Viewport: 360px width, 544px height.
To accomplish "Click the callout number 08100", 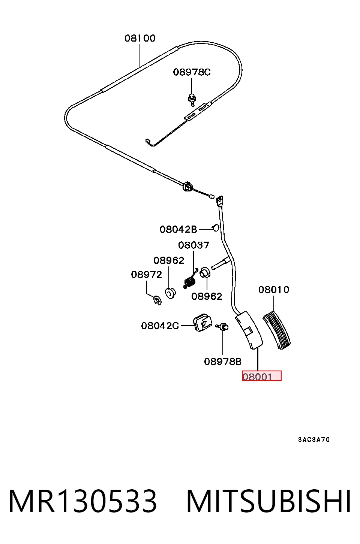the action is (140, 38).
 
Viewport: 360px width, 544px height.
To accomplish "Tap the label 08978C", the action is (192, 72).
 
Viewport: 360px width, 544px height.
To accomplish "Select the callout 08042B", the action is (178, 229).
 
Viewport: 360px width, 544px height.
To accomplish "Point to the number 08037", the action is (193, 245).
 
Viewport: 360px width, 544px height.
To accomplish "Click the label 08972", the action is (146, 275).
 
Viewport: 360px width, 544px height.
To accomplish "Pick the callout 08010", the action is (274, 290).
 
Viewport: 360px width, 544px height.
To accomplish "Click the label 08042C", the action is (160, 326).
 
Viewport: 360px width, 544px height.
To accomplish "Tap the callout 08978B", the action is (223, 362).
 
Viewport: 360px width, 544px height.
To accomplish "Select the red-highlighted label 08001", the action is (262, 376).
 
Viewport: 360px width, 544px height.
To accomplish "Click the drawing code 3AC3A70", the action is (314, 440).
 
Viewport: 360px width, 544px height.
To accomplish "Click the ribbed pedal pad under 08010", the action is (277, 331).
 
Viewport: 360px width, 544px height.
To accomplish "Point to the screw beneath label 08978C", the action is (192, 100).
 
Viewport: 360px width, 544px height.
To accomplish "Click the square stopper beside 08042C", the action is (202, 323).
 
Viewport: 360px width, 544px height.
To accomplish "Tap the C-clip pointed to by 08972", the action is (157, 300).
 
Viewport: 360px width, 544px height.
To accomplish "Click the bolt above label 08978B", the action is (222, 327).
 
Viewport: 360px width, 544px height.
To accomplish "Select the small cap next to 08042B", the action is (216, 228).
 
